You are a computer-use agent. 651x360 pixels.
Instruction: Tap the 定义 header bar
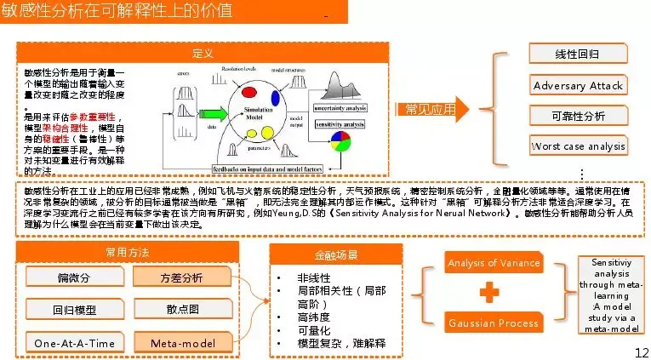pos(202,54)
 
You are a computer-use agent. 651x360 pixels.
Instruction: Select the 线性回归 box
pos(578,54)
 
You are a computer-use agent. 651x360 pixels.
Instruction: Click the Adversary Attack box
pos(578,85)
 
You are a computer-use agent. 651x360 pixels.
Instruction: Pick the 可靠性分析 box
pos(578,116)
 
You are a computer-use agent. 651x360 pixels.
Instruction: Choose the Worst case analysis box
pos(578,146)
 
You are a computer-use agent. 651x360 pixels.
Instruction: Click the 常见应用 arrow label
pos(425,109)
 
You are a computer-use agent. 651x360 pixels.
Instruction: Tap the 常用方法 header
pos(127,253)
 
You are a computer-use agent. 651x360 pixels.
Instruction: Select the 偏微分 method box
pos(73,277)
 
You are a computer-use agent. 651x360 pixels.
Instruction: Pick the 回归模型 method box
pos(73,310)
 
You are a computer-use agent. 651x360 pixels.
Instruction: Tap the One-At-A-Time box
pos(73,342)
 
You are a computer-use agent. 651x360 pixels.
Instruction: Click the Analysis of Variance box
pos(494,263)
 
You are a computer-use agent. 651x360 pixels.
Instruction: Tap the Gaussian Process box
pos(494,323)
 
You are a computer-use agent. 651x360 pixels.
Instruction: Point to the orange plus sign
pos(488,293)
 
